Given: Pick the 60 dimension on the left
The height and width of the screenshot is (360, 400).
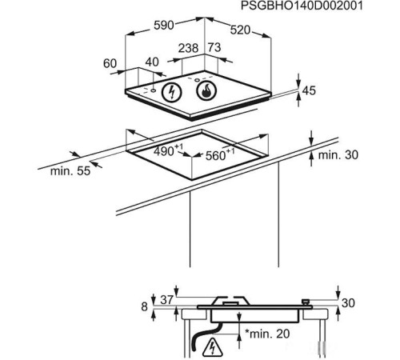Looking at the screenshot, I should coord(110,63).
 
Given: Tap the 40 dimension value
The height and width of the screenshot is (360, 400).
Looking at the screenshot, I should coord(151,62).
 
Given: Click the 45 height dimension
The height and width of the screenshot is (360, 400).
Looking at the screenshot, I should coord(309,91).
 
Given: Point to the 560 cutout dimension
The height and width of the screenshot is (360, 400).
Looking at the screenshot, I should coord(218,155).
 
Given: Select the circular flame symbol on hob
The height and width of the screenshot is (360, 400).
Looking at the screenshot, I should coord(207,91).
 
